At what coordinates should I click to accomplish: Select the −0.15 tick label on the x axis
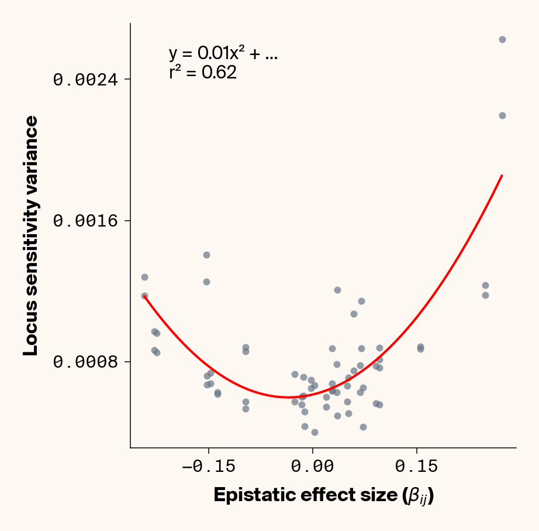tap(209, 467)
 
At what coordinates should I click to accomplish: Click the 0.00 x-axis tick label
tap(313, 467)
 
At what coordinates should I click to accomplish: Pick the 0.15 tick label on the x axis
tap(416, 467)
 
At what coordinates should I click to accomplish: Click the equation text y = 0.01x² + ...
tap(223, 54)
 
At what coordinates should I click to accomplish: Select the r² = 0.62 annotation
tap(203, 73)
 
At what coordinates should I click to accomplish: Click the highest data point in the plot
tap(502, 39)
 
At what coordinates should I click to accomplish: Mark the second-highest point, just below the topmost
tap(502, 115)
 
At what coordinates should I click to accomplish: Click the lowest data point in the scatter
tap(315, 432)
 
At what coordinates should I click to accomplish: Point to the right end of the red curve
tap(502, 176)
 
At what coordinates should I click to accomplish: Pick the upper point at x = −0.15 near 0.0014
tap(206, 255)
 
